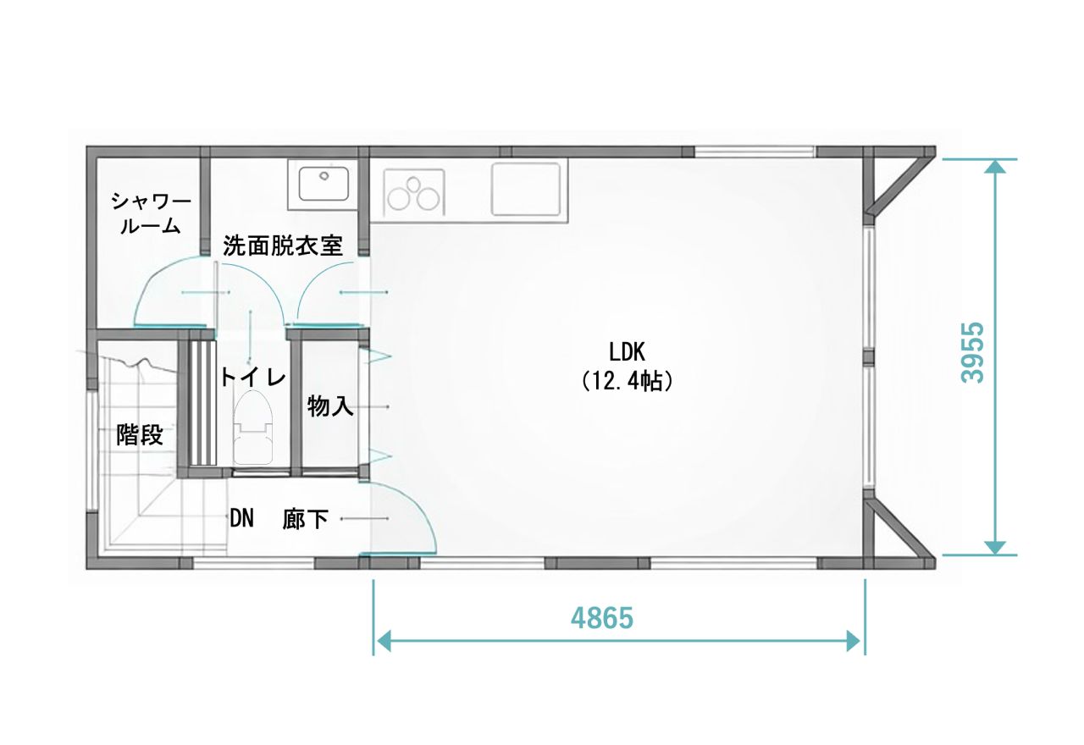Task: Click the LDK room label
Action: coord(627,353)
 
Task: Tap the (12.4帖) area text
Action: coord(627,382)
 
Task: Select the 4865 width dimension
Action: coord(602,618)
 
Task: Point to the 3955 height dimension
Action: coord(973,353)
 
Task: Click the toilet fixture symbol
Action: coord(253,428)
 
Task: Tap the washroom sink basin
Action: coord(324,184)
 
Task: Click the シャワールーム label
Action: coord(151,213)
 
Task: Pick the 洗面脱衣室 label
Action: coord(283,246)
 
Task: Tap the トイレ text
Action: coord(253,377)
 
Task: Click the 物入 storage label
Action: coord(330,406)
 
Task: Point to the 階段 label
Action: coord(140,434)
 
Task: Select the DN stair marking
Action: coord(241,519)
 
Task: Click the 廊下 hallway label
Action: coord(306,519)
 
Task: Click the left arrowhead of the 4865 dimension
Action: coord(384,642)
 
